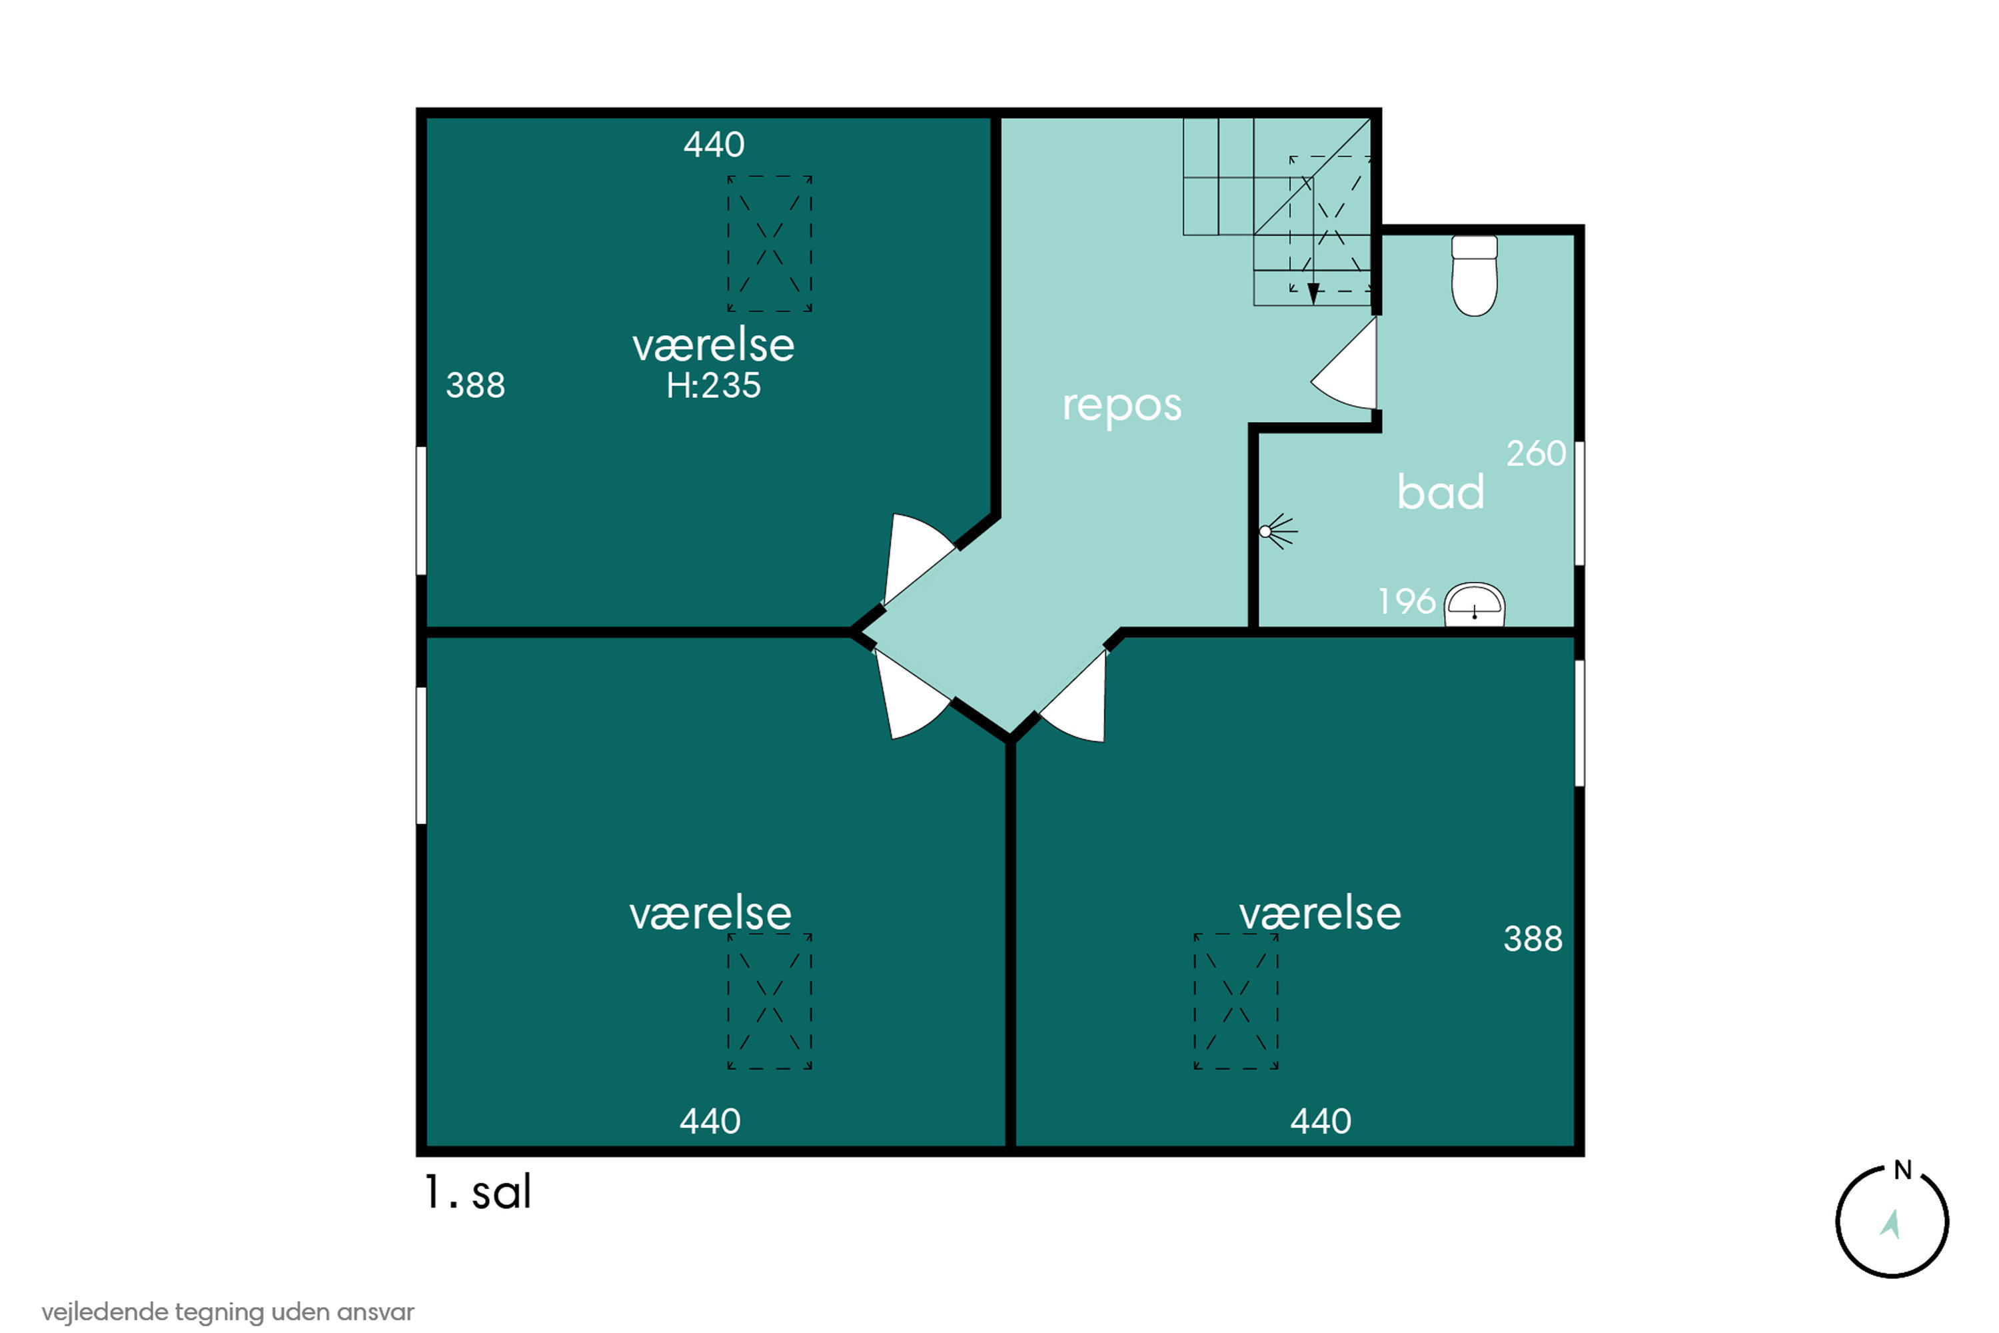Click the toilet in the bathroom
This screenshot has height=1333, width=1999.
tap(1474, 275)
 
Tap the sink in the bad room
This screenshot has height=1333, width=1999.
tap(1475, 605)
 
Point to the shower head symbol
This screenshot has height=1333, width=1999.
tap(1277, 532)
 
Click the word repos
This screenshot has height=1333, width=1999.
tap(1122, 405)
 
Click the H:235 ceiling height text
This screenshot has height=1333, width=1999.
tap(713, 386)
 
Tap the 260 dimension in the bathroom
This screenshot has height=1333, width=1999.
tap(1536, 454)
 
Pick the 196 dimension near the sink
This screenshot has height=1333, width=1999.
tap(1407, 602)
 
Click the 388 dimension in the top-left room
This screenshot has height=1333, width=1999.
tap(475, 386)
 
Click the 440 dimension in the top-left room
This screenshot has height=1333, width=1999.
tap(714, 145)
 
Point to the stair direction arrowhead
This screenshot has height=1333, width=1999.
tap(1313, 294)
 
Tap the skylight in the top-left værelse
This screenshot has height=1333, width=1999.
tap(769, 244)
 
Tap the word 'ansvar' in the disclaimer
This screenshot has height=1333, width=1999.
tap(376, 1312)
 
